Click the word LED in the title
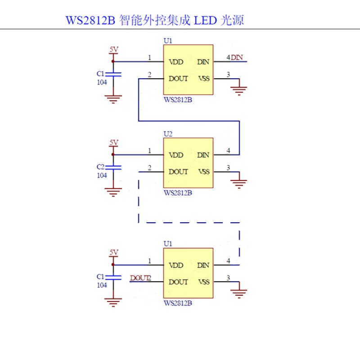pyautogui.click(x=205, y=20)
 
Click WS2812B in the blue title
pyautogui.click(x=90, y=20)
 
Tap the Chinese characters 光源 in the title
pyautogui.click(x=232, y=20)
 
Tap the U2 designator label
pyautogui.click(x=168, y=134)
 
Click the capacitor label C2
pyautogui.click(x=100, y=166)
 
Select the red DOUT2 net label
pyautogui.click(x=141, y=278)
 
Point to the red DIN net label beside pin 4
pyautogui.click(x=237, y=57)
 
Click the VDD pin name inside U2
pyautogui.click(x=176, y=155)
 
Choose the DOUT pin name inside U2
pyautogui.click(x=178, y=172)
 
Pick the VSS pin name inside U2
pyautogui.click(x=204, y=172)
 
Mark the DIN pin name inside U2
pyautogui.click(x=203, y=155)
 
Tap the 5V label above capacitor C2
pyautogui.click(x=114, y=142)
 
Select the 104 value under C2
pyautogui.click(x=102, y=175)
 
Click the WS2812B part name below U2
pyautogui.click(x=178, y=193)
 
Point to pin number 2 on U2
pyautogui.click(x=150, y=168)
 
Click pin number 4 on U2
pyautogui.click(x=228, y=151)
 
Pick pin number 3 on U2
pyautogui.click(x=228, y=168)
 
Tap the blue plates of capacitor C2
pyautogui.click(x=113, y=167)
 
